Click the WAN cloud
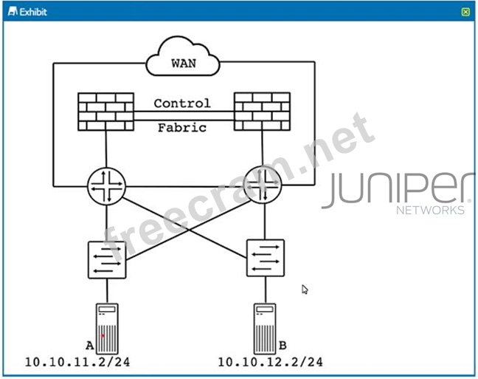click(183, 56)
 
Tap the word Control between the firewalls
click(182, 103)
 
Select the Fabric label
click(182, 128)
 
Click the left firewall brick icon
click(105, 112)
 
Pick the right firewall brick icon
click(262, 112)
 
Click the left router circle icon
click(107, 186)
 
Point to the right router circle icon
click(263, 185)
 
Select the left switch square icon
click(107, 260)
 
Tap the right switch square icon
click(266, 258)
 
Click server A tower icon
click(107, 329)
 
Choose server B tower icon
click(265, 329)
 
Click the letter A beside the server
click(90, 346)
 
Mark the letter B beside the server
click(283, 346)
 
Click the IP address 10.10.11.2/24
click(77, 362)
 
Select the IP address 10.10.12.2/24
click(271, 362)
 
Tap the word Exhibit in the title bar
click(33, 12)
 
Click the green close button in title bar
click(465, 12)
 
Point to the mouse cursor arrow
click(305, 289)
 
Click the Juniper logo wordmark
click(396, 189)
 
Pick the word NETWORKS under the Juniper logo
click(431, 211)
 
